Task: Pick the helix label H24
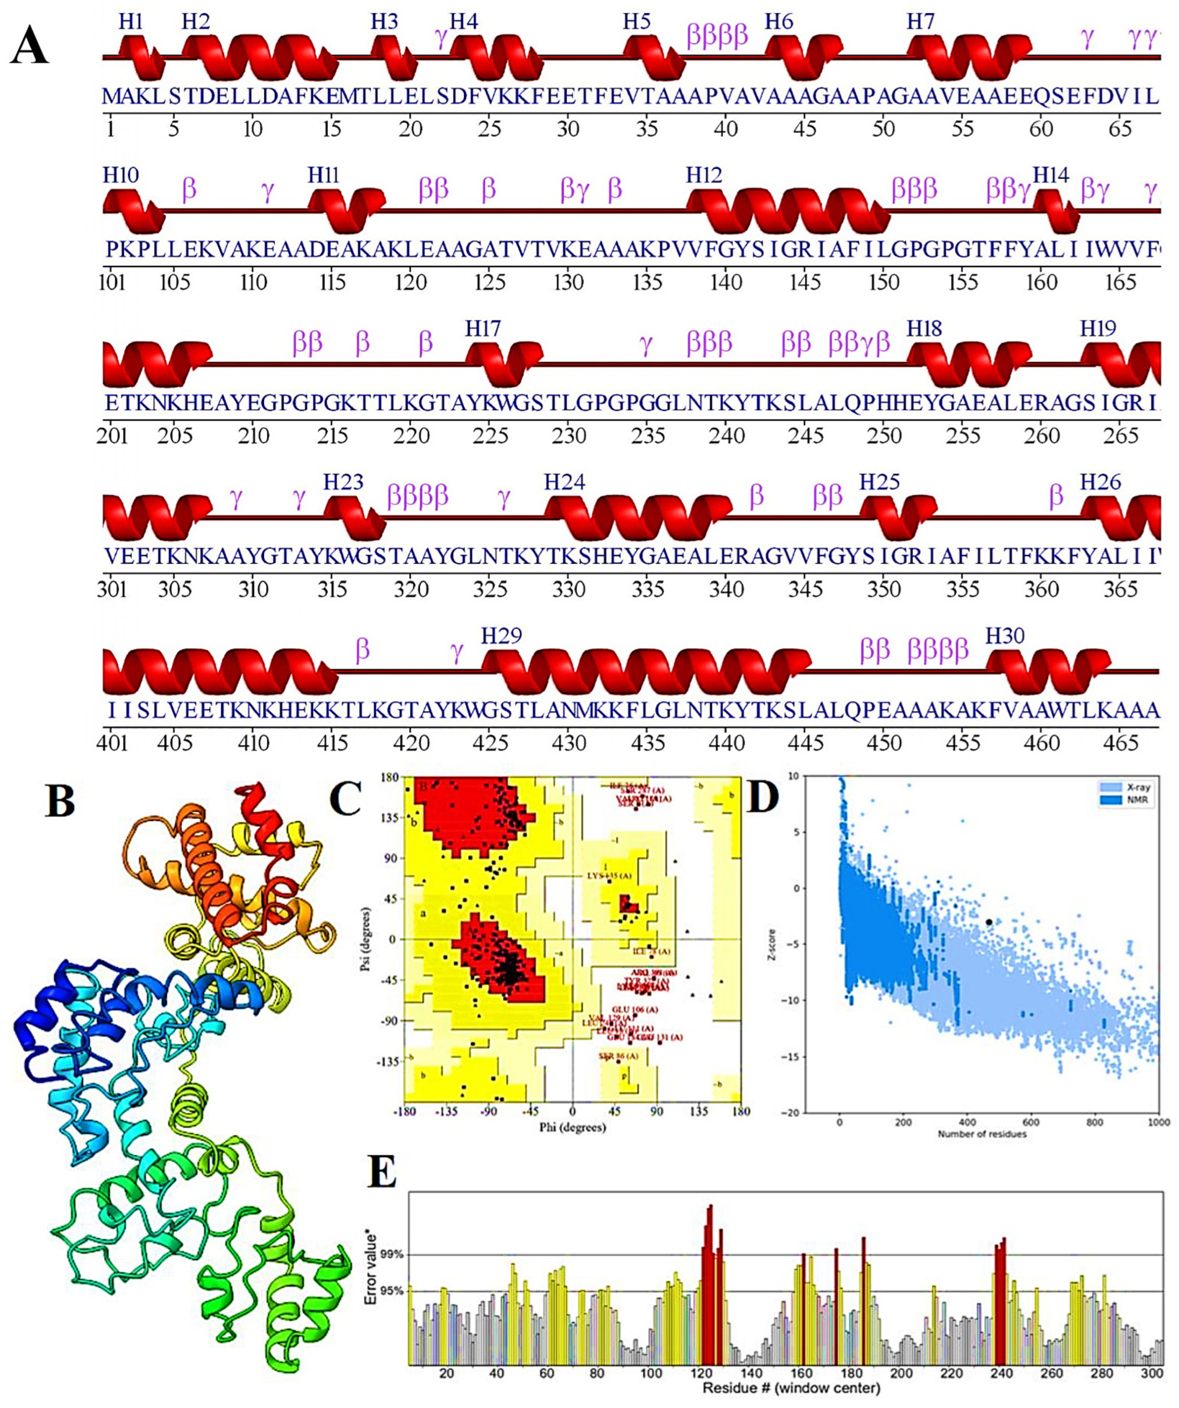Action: click(564, 482)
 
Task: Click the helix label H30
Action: click(1005, 636)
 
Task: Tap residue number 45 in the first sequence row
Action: click(805, 128)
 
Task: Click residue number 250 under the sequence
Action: click(884, 436)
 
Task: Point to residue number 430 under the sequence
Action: click(569, 743)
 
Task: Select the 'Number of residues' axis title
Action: click(982, 1134)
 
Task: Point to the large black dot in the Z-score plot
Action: click(989, 923)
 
